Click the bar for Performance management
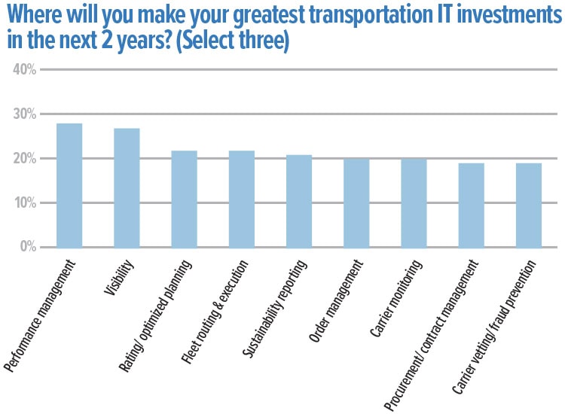(69, 185)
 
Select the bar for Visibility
(127, 188)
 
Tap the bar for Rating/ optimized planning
(184, 199)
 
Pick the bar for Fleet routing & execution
(242, 199)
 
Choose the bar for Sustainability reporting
(299, 201)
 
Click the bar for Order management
(356, 202)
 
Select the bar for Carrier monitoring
(414, 202)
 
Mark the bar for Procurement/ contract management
(471, 205)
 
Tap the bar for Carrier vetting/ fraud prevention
(529, 205)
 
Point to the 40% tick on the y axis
(25, 70)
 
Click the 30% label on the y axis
(25, 114)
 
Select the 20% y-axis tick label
(25, 159)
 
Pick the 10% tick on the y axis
(25, 203)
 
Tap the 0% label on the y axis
(28, 248)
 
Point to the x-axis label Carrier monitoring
(395, 298)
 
